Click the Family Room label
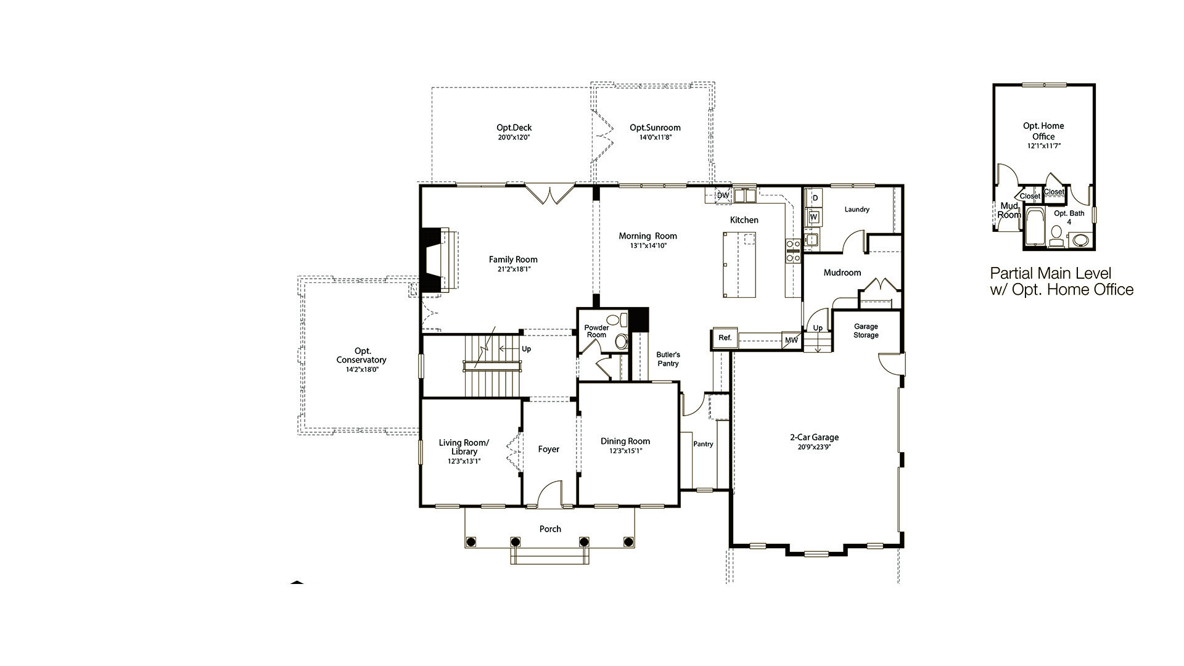point(513,260)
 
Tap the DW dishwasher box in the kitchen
point(723,195)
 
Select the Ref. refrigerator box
point(725,338)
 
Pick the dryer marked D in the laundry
point(815,198)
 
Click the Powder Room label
point(596,331)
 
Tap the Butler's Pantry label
point(668,359)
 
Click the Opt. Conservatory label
point(361,356)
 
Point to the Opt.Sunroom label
point(655,128)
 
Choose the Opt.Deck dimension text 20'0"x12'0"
point(514,138)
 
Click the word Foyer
point(548,450)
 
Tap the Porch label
point(550,529)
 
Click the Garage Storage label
point(866,331)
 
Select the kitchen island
point(739,265)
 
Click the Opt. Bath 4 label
point(1069,218)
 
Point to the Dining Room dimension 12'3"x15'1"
point(625,451)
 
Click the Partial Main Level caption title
point(1050,273)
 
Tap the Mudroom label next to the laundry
point(842,273)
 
